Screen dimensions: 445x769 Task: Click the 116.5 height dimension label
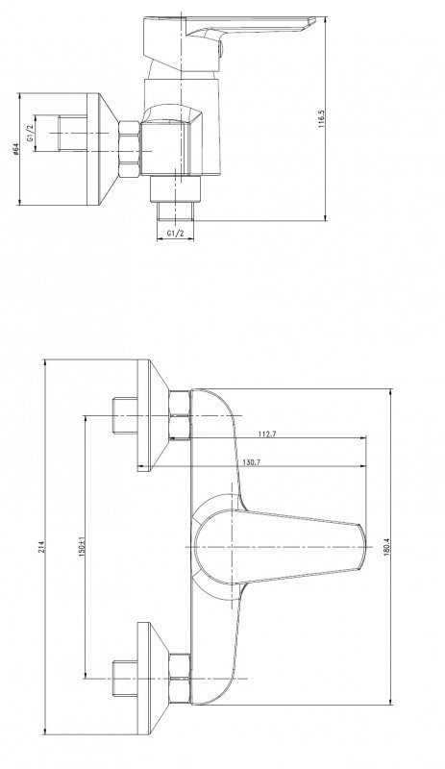point(322,119)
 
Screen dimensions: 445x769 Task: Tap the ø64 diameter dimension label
point(15,149)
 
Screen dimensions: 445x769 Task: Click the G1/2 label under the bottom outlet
point(175,234)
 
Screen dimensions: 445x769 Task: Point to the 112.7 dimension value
point(267,434)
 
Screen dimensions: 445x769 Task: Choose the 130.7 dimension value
point(252,462)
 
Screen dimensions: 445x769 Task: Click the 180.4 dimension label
point(385,547)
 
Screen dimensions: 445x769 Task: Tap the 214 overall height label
point(40,547)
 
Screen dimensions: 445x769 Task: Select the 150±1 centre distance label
point(82,547)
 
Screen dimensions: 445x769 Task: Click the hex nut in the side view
point(130,149)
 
